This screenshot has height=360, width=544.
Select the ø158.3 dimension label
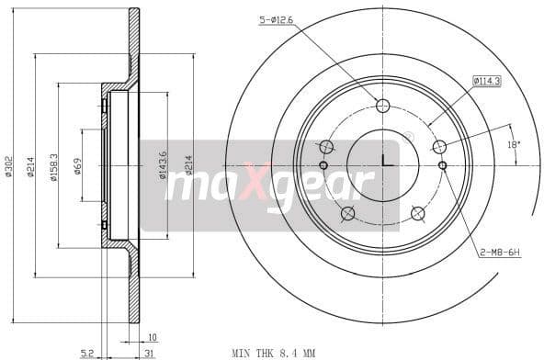pyautogui.click(x=54, y=166)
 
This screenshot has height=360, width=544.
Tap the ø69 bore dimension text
pyautogui.click(x=77, y=166)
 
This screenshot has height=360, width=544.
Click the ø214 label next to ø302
pyautogui.click(x=31, y=166)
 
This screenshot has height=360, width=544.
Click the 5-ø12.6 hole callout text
pyautogui.click(x=276, y=19)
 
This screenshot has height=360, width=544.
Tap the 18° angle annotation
pyautogui.click(x=514, y=144)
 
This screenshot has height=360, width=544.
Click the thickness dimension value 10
pyautogui.click(x=152, y=337)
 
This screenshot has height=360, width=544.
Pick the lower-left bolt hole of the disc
pyautogui.click(x=347, y=214)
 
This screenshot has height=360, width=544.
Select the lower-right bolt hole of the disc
pyautogui.click(x=418, y=213)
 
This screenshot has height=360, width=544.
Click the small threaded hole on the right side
pyautogui.click(x=443, y=165)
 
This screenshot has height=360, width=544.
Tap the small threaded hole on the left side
pyautogui.click(x=323, y=165)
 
